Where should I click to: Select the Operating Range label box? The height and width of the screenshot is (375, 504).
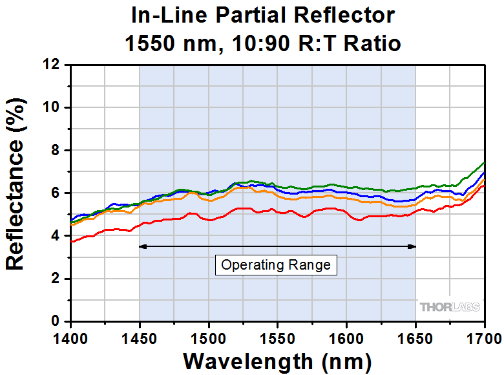276,264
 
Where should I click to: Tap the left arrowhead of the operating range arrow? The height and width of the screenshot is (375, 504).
143,246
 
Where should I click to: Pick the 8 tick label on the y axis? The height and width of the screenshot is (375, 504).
58,150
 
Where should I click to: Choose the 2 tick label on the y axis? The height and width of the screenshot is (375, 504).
58,279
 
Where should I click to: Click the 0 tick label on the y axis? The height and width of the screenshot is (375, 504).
58,321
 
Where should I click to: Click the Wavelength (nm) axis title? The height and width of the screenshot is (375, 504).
277,359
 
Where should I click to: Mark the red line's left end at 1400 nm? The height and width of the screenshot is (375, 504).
72,242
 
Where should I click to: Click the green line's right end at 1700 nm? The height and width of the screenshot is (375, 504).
484,162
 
